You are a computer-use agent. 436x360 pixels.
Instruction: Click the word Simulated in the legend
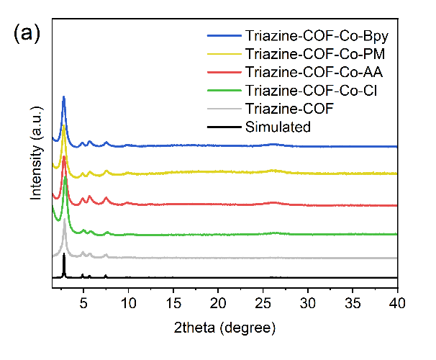(278, 127)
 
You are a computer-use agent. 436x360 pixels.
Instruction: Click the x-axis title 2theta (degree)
(224, 328)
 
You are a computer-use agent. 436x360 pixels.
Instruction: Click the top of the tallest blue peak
(64, 96)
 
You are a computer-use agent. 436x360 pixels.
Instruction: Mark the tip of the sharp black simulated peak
(64, 254)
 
